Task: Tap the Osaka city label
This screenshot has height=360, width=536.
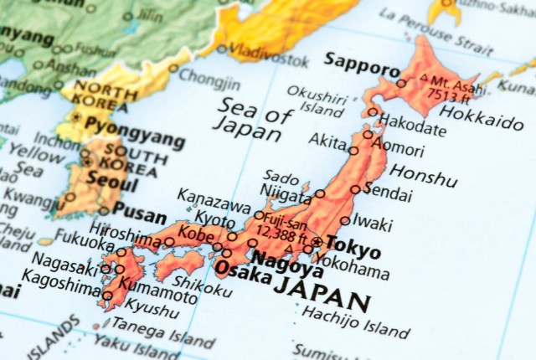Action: click(x=234, y=270)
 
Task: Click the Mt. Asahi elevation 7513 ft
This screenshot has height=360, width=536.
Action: click(x=451, y=87)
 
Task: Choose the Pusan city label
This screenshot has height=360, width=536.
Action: click(x=139, y=213)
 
